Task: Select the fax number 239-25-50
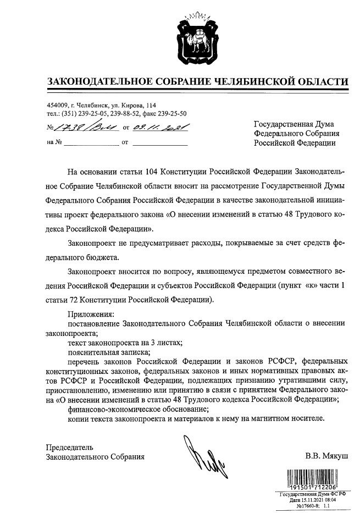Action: [171, 113]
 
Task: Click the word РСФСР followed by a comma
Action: [283, 361]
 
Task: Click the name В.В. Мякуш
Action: [327, 456]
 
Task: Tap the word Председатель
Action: [70, 446]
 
